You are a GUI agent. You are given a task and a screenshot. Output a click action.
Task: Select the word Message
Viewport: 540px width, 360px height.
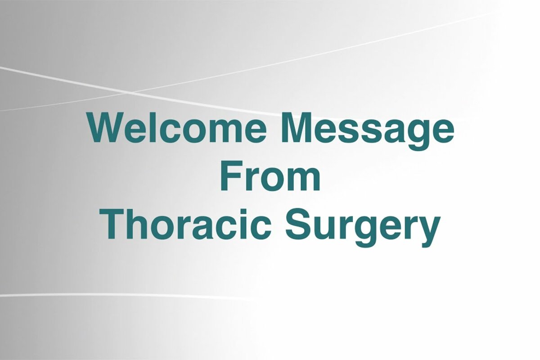[x=368, y=133]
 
